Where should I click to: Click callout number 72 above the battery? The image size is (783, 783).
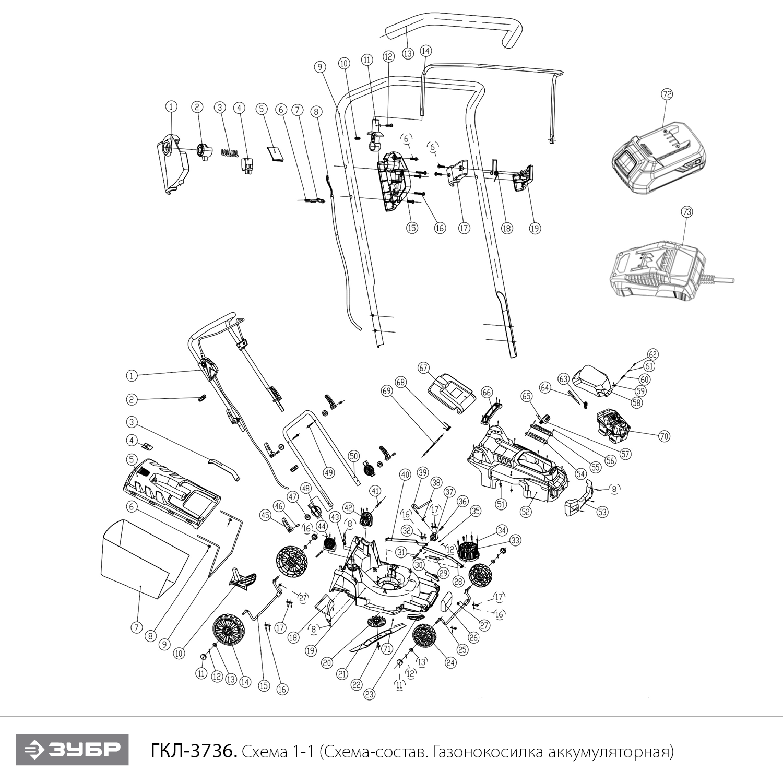pyautogui.click(x=667, y=94)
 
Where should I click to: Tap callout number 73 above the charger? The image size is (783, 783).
pyautogui.click(x=687, y=212)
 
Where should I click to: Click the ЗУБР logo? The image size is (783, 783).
pyautogui.click(x=72, y=750)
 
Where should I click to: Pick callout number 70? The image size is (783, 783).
pyautogui.click(x=663, y=436)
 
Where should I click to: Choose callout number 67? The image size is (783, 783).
pyautogui.click(x=423, y=368)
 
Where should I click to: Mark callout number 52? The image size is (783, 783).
pyautogui.click(x=525, y=512)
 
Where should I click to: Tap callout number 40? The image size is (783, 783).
pyautogui.click(x=405, y=475)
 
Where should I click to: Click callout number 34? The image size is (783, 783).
pyautogui.click(x=502, y=531)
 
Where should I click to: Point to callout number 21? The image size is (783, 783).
pyautogui.click(x=342, y=674)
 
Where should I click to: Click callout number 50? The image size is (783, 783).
pyautogui.click(x=353, y=456)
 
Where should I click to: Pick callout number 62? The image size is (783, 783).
pyautogui.click(x=653, y=354)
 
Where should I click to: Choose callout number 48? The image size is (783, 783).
pyautogui.click(x=306, y=488)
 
